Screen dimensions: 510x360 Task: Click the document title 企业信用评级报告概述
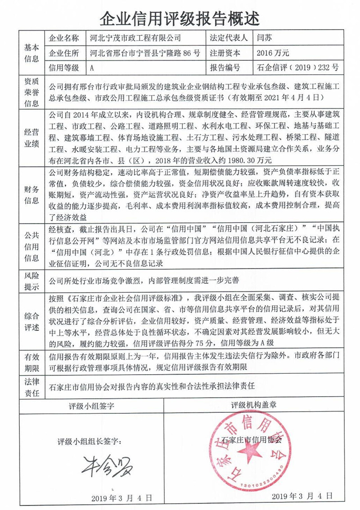(180, 18)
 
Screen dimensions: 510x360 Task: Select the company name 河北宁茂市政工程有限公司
(135, 38)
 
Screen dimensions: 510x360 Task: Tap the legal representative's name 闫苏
(264, 38)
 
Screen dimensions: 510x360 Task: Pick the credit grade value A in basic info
(92, 68)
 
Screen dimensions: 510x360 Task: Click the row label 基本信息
(31, 53)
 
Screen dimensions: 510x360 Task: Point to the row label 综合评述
(31, 320)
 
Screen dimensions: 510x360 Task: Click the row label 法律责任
(31, 387)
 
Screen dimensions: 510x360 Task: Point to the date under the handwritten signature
(121, 498)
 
